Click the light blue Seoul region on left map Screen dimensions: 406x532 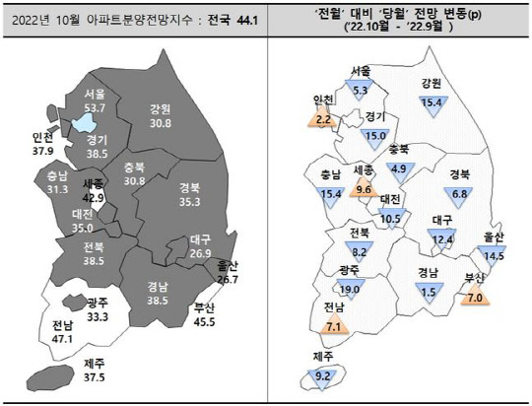(86, 123)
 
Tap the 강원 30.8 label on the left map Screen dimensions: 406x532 (161, 115)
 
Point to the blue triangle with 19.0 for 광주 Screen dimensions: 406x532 (350, 289)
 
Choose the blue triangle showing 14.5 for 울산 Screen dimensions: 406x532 (494, 253)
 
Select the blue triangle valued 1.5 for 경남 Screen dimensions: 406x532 (427, 290)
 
